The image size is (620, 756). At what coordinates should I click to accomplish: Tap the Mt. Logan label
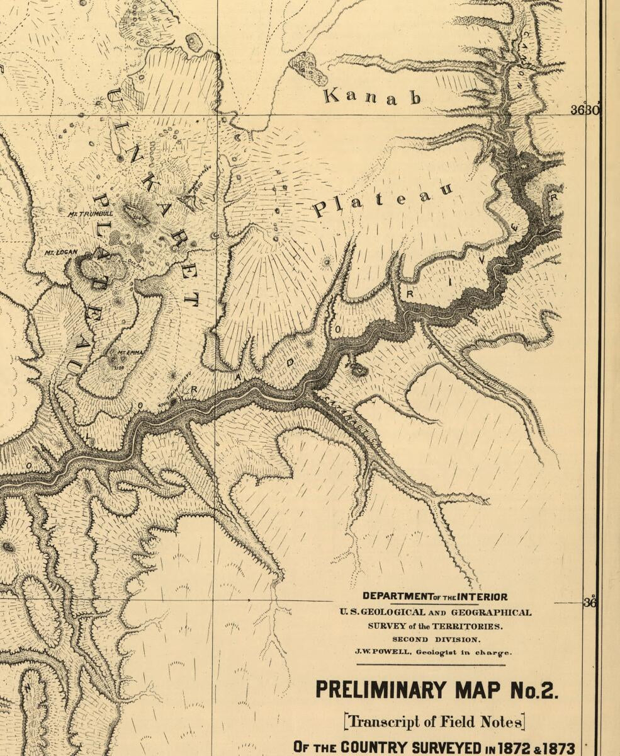(60, 253)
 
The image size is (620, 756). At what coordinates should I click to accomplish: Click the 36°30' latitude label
(585, 110)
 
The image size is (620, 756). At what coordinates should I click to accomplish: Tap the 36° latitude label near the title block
(590, 602)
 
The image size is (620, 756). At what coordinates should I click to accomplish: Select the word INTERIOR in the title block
(482, 597)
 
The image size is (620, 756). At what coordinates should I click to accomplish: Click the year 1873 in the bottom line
(556, 748)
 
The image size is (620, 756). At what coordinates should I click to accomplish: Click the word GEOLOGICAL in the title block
(397, 612)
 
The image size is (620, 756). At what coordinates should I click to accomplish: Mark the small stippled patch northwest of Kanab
(308, 68)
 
